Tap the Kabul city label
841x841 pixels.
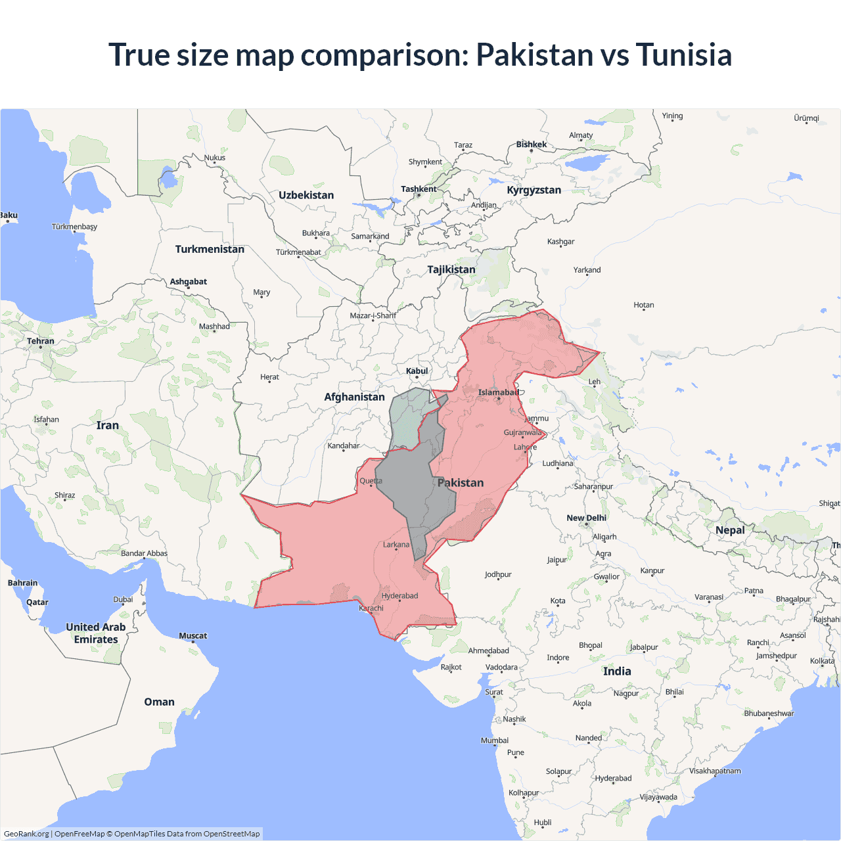417,371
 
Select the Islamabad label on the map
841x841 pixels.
498,393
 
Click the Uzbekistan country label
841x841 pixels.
306,195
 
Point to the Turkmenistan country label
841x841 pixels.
210,249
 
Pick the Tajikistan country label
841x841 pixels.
451,269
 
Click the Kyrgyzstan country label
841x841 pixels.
534,190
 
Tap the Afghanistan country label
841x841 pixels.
354,397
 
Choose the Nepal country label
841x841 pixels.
730,530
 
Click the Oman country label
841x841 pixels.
159,702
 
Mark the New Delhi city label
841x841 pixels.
586,518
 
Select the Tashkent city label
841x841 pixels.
419,189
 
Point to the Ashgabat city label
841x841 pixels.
189,282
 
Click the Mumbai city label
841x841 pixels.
494,740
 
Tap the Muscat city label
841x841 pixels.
193,636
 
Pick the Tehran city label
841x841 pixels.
41,341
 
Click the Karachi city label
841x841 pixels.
371,608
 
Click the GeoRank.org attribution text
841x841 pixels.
26,834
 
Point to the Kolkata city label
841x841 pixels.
822,661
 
